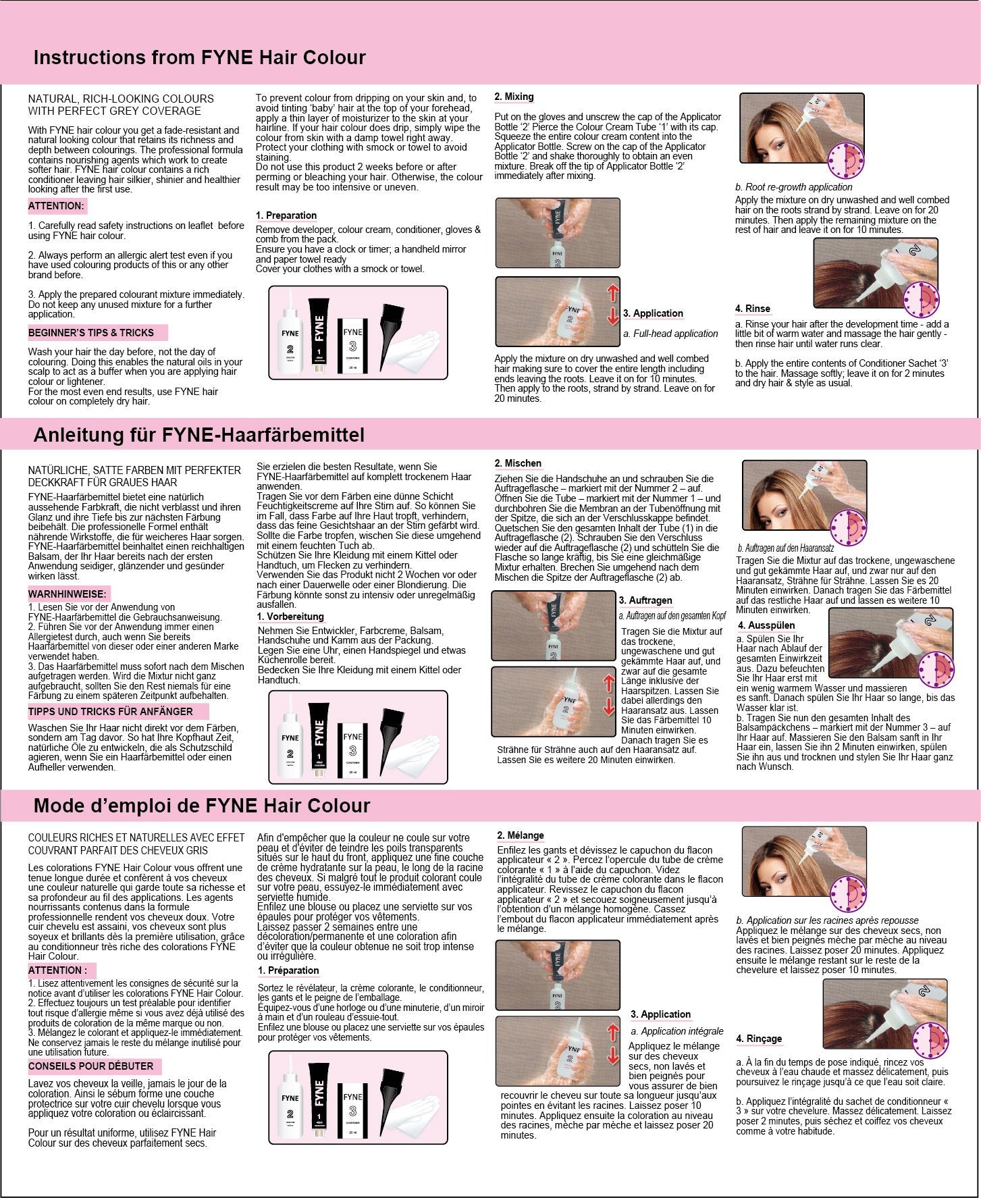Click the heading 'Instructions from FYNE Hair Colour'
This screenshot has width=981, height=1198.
(199, 57)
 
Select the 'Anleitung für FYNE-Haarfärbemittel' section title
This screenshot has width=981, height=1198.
(199, 435)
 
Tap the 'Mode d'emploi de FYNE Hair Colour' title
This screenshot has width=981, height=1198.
(202, 806)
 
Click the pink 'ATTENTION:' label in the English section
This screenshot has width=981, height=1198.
(57, 206)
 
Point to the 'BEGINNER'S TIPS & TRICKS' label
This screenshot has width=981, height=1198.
(91, 333)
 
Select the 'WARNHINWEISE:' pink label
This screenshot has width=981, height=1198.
(67, 594)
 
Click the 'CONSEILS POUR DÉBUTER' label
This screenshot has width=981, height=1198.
(90, 1066)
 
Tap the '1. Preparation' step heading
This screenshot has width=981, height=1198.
(286, 215)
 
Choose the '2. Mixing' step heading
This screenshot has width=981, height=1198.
(514, 97)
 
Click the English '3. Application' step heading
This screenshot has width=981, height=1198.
(653, 313)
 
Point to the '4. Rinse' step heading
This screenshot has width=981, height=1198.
(753, 309)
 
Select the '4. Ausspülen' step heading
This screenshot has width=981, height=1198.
(766, 625)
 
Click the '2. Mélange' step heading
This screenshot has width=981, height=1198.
(521, 835)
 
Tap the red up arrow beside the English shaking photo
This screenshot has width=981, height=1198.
(613, 292)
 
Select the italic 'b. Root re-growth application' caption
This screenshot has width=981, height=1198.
(793, 187)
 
